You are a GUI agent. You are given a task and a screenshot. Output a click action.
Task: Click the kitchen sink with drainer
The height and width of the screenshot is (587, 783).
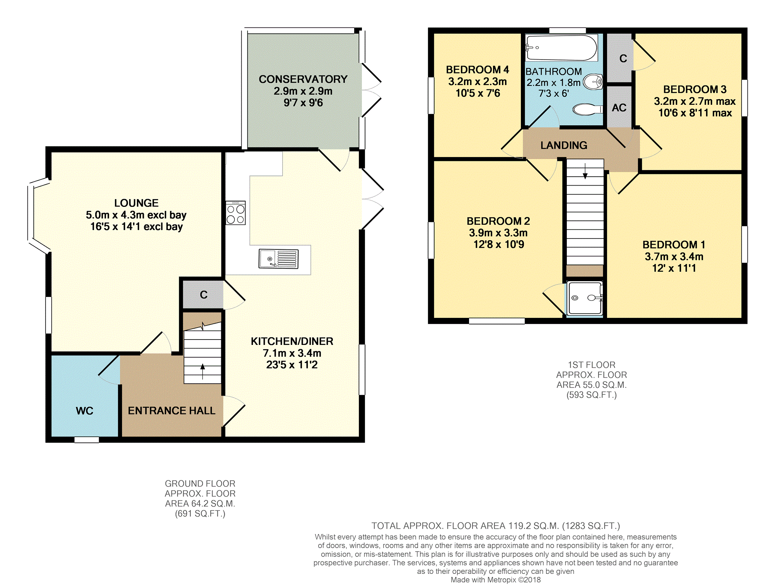click(278, 259)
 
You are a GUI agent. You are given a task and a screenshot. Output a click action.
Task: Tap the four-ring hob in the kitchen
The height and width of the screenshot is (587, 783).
click(235, 213)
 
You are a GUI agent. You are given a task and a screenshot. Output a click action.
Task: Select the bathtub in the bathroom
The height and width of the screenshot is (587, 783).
click(561, 48)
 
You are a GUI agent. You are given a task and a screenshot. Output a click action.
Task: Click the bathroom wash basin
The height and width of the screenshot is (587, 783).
click(593, 82)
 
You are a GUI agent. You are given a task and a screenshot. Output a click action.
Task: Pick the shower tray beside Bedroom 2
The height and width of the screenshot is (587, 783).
click(585, 298)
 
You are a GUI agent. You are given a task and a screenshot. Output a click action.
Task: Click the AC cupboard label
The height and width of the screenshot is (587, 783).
click(619, 108)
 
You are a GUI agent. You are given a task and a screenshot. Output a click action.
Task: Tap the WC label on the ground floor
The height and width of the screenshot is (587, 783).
click(85, 411)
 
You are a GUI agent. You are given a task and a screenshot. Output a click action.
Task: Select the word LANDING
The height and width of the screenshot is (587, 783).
click(564, 145)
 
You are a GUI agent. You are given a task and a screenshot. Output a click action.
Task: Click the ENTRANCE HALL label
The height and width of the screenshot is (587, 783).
click(172, 411)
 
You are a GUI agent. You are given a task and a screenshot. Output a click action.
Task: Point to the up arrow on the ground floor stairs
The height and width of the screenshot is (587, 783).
click(203, 372)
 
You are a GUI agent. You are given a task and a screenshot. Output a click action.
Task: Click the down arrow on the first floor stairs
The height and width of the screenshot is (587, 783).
click(585, 171)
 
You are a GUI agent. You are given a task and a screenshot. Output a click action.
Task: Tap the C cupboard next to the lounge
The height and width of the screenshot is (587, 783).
click(203, 295)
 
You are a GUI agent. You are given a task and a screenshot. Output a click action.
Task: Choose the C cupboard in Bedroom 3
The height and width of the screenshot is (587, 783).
click(620, 58)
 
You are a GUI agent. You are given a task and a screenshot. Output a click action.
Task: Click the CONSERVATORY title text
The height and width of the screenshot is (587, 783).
click(303, 79)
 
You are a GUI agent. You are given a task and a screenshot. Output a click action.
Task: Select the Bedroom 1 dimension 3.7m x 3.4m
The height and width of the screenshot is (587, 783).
click(674, 256)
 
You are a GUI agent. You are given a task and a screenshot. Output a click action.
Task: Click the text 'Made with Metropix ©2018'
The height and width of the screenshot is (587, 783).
click(496, 580)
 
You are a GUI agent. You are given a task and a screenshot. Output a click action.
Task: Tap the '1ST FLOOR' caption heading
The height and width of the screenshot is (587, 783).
click(592, 365)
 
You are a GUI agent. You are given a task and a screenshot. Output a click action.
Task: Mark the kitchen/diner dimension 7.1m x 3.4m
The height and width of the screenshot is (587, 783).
click(292, 353)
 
